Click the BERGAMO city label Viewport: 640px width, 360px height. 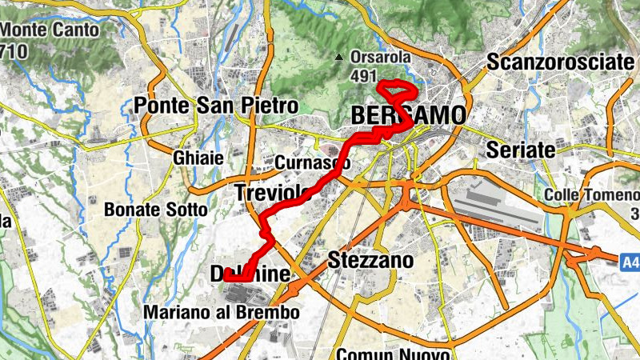click(407, 116)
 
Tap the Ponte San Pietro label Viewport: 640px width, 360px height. click(216, 105)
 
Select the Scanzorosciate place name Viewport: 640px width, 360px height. click(560, 62)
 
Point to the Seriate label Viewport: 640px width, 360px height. click(520, 150)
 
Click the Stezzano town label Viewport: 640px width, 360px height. click(371, 261)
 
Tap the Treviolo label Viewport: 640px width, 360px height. click(272, 193)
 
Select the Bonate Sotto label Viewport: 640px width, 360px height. click(156, 210)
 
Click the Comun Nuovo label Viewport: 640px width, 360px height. click(395, 353)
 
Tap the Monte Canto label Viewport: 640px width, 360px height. click(50, 31)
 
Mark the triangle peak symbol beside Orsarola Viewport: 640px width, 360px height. click(339, 57)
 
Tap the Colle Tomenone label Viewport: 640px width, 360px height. click(592, 195)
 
